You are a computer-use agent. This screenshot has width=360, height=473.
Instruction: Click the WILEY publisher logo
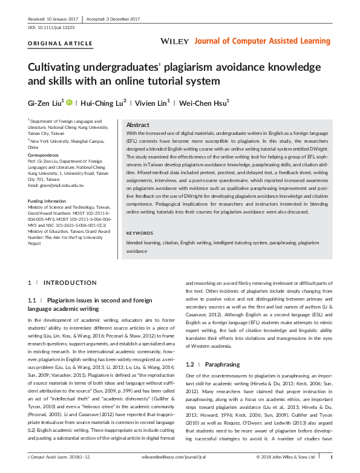[x=175, y=41]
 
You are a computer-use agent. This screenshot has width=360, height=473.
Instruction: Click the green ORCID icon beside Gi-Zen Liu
[x=69, y=102]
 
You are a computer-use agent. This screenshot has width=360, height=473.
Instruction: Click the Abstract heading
[x=138, y=123]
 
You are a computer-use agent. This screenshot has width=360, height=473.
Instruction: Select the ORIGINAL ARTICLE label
[x=53, y=44]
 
